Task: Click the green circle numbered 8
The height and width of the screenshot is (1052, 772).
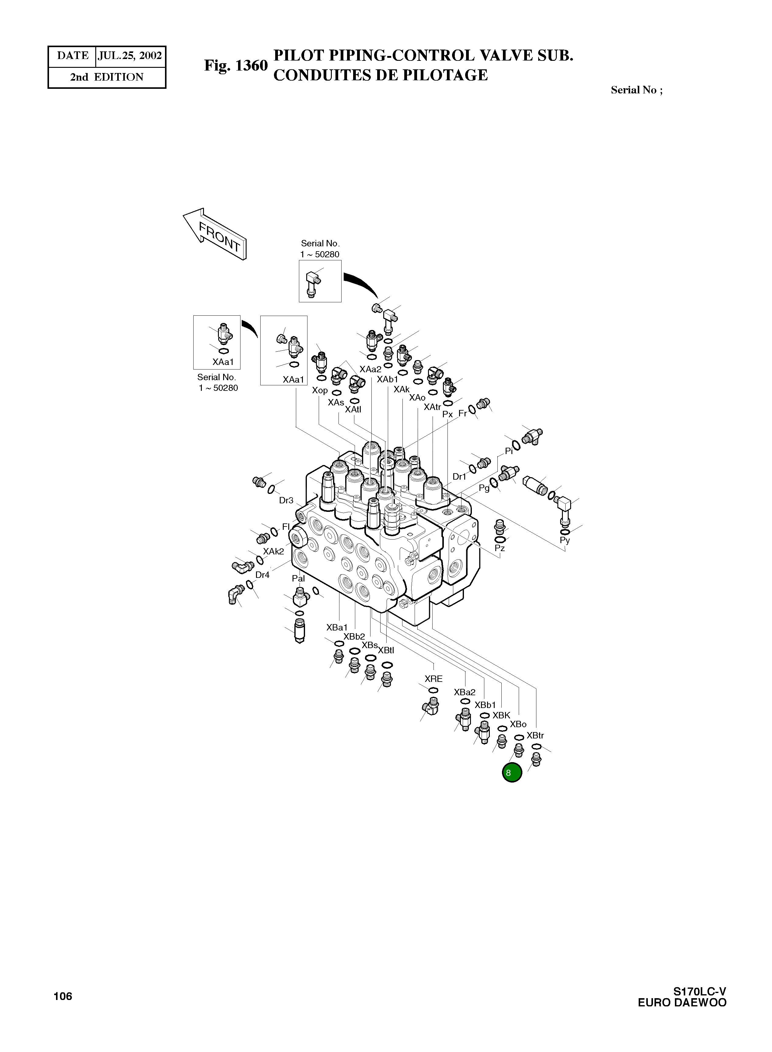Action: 512,772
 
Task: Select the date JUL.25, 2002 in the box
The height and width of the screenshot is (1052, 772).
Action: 130,56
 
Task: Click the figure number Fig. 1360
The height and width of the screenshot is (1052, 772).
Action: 236,66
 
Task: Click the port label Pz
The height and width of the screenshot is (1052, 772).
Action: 500,548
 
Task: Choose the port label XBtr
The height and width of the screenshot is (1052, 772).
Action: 535,735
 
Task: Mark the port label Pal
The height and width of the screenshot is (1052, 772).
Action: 298,578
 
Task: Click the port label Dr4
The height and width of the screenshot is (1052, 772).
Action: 262,575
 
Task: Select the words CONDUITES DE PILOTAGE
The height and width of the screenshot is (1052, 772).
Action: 381,75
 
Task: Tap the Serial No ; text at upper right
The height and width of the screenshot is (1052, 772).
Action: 637,90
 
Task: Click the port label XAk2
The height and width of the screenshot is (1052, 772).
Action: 273,551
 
